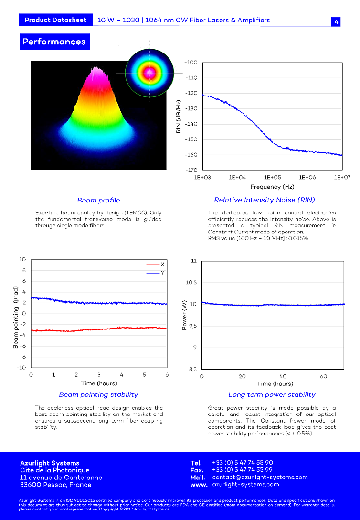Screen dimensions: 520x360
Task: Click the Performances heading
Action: (54, 42)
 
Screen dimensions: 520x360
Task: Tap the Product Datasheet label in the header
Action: (55, 20)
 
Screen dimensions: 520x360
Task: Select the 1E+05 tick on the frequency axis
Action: (272, 177)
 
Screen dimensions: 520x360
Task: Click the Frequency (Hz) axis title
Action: (272, 187)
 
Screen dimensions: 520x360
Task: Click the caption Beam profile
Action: (98, 200)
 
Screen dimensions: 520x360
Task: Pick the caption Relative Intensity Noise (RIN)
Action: (265, 200)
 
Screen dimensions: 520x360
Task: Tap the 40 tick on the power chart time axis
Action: (283, 376)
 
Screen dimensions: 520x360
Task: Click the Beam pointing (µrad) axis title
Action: (16, 317)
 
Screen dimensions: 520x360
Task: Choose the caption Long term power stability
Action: (272, 395)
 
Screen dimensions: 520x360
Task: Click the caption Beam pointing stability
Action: (98, 395)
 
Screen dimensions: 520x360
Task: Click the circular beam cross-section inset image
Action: (149, 73)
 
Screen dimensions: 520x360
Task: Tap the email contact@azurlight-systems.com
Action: (260, 477)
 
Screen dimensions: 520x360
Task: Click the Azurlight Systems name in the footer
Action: (50, 463)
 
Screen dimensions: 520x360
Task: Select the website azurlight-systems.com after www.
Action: (245, 484)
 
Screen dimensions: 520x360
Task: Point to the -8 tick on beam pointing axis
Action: (22, 357)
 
